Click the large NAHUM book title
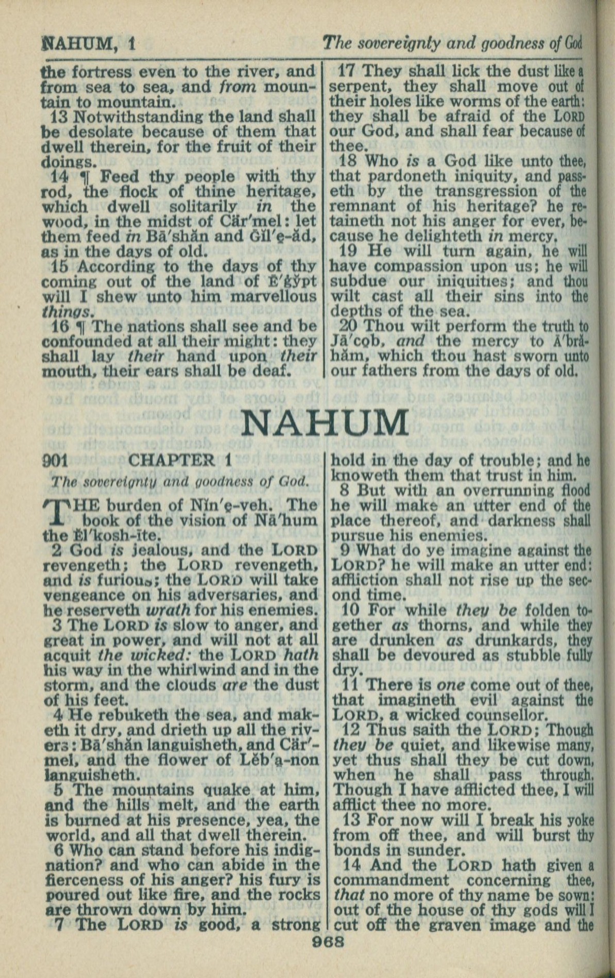(325, 423)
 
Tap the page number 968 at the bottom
(328, 941)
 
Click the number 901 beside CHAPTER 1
(55, 460)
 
